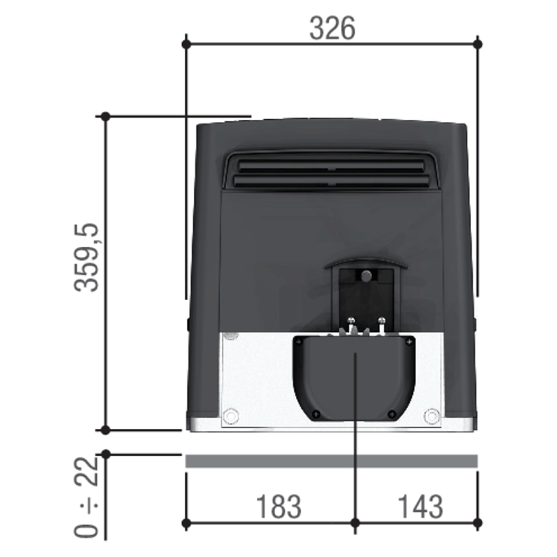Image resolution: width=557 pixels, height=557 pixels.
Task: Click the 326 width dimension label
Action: [x=332, y=28]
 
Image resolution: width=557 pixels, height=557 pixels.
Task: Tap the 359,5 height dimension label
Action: [x=86, y=257]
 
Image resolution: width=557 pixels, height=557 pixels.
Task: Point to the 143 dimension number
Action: [x=420, y=506]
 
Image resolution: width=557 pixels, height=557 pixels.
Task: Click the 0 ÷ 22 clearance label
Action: [x=86, y=497]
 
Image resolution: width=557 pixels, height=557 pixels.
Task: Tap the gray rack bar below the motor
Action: [x=331, y=461]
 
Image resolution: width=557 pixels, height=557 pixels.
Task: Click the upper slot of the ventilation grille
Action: [x=331, y=166]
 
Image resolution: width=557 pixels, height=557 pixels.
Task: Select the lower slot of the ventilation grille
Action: [x=331, y=182]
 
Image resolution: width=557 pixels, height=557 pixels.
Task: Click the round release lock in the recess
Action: [x=367, y=276]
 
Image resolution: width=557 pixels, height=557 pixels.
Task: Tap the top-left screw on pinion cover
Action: [x=299, y=342]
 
